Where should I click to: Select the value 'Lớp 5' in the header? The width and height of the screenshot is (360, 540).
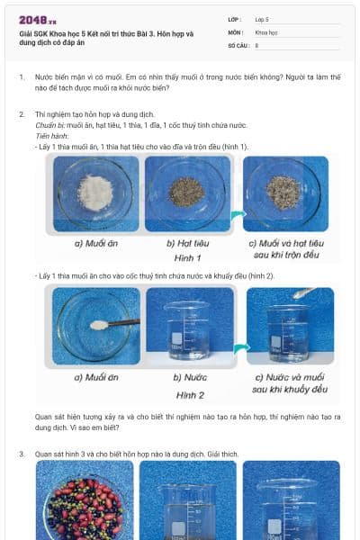tap(263, 18)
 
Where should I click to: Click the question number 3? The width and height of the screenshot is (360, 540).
tap(22, 454)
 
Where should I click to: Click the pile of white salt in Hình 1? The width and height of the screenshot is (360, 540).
tap(94, 191)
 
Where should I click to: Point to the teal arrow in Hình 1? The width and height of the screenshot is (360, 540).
tap(236, 215)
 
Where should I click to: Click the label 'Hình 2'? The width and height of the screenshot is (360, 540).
tap(191, 394)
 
